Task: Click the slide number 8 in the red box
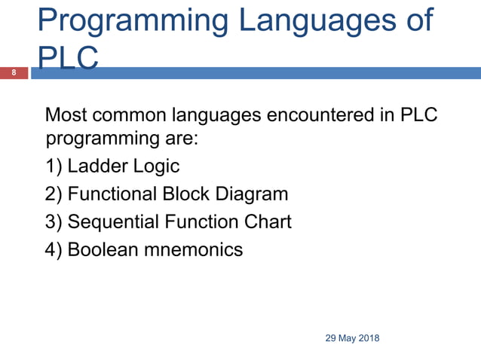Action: coord(13,73)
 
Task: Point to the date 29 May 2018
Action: coord(352,338)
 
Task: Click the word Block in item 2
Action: coord(183,194)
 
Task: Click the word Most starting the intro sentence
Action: coord(66,116)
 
